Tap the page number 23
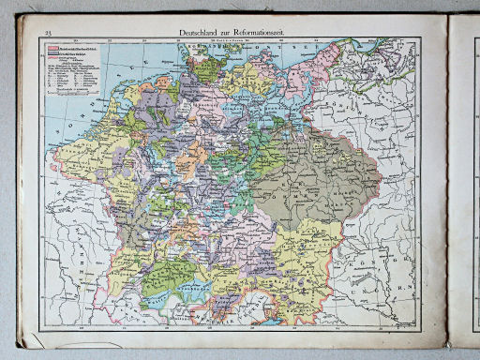coord(45,34)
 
